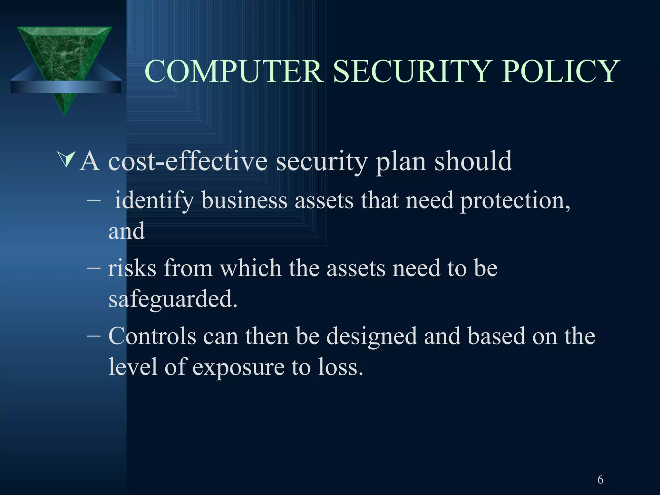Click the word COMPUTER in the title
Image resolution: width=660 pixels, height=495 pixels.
point(234,71)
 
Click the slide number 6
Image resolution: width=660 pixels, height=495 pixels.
point(600,480)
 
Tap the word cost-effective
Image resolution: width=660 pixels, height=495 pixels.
point(188,161)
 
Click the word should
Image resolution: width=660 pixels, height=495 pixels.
point(473,161)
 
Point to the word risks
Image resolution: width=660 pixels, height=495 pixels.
point(132,268)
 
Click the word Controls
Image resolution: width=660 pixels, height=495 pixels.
point(152,336)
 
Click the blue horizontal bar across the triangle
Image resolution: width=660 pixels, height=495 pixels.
point(66,87)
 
